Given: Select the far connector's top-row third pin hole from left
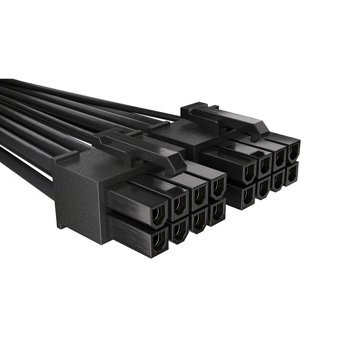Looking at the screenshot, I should click(280, 157).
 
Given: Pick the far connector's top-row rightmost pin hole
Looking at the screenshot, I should click(293, 151).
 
